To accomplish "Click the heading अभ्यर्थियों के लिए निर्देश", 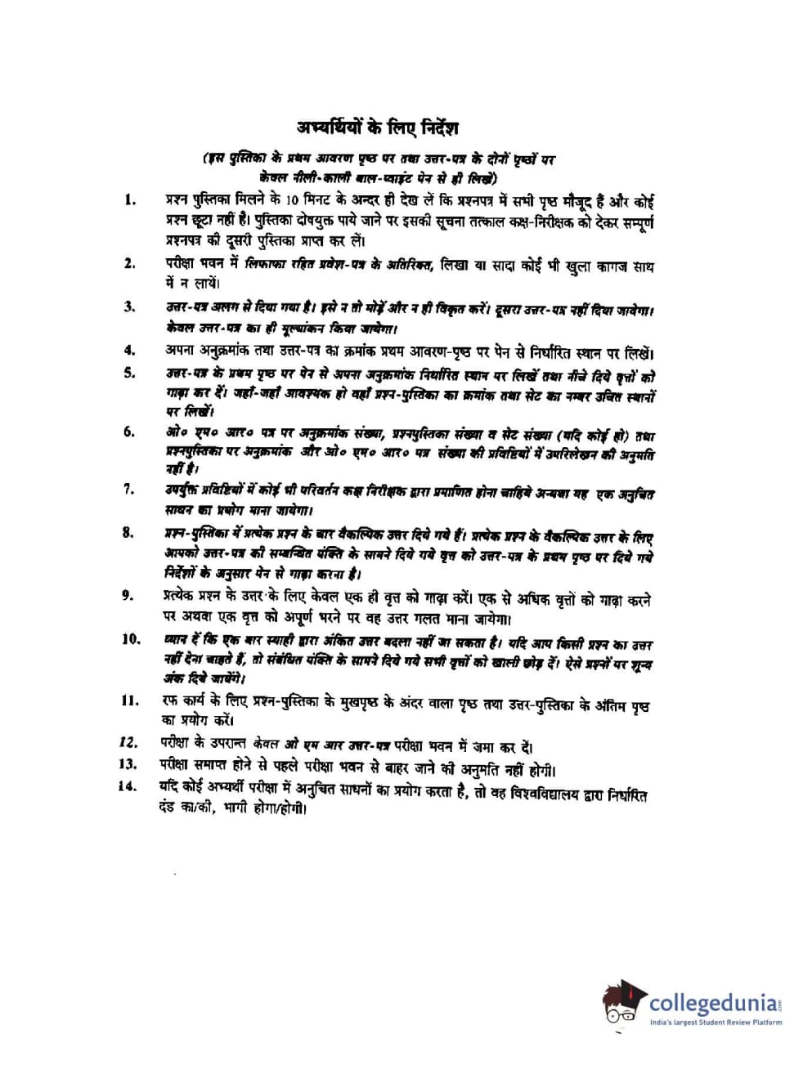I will tap(378, 128).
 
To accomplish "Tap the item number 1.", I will tap(129, 199).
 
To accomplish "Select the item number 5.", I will tap(129, 373).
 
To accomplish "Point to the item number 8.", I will tap(128, 533).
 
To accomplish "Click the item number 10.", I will tap(131, 639).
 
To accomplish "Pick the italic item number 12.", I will tap(127, 742).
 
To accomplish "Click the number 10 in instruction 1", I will tap(295, 200).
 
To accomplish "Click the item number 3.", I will tap(129, 307).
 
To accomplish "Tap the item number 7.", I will tap(128, 489).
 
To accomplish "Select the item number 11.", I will tap(129, 700).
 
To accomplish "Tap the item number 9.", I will tap(128, 595).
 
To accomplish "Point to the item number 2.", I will tap(129, 262).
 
